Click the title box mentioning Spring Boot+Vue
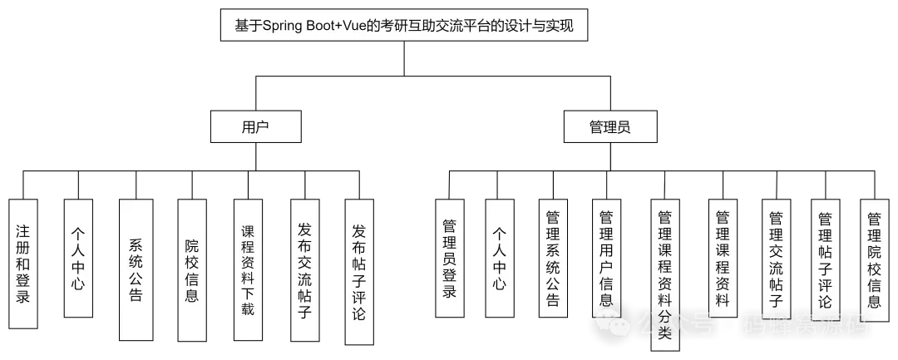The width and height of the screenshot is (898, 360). [404, 26]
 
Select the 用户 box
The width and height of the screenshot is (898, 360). [255, 127]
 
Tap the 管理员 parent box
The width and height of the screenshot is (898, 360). [609, 127]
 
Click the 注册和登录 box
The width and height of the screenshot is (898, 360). [23, 260]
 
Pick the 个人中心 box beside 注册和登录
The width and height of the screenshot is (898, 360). [77, 259]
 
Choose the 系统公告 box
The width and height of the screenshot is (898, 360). [136, 270]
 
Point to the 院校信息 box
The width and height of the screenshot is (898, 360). [190, 270]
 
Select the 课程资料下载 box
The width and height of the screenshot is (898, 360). [248, 270]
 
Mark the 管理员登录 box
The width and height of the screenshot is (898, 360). [449, 259]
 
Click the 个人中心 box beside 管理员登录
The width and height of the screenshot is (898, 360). [499, 259]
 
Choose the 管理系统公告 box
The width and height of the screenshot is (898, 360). [553, 258]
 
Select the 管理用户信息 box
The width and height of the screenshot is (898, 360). [606, 258]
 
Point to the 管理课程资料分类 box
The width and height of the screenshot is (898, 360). [664, 274]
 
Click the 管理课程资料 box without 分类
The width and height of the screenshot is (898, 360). [722, 258]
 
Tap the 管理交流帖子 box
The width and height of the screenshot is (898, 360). [776, 259]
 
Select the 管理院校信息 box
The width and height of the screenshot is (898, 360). [874, 258]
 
